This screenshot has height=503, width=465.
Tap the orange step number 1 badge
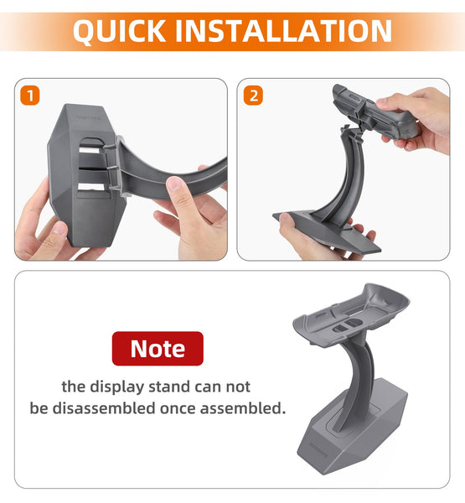point(30,96)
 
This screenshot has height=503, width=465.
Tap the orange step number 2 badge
point(253,96)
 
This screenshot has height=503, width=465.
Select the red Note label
point(158,349)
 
